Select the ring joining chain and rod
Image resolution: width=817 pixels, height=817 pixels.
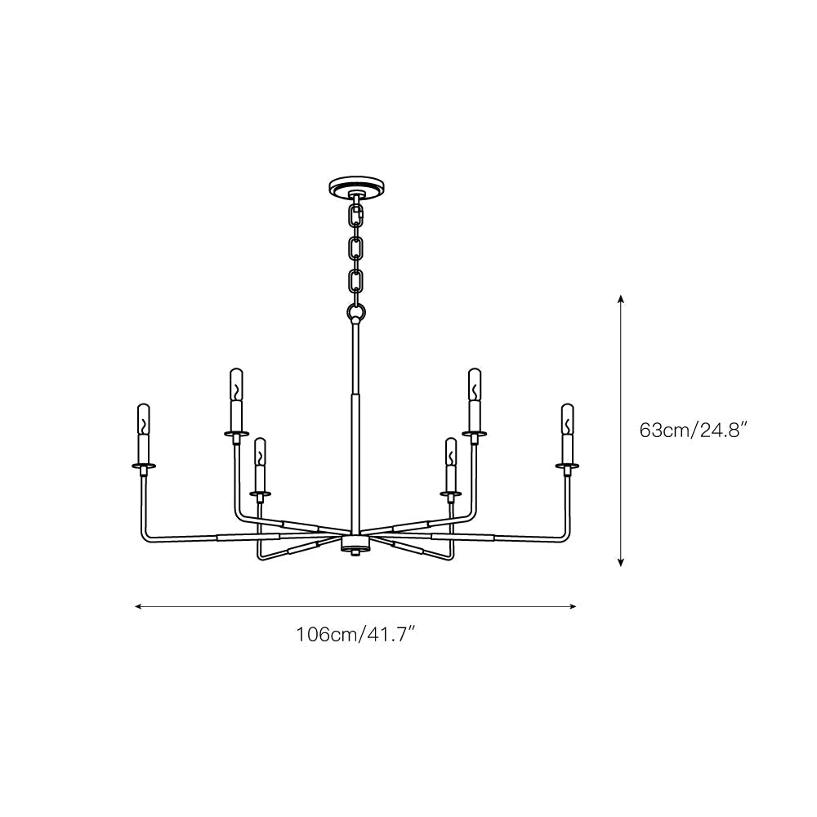pos(355,311)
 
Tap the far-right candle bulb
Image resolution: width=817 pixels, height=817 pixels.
pos(566,417)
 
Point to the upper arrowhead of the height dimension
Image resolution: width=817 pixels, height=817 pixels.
pos(622,299)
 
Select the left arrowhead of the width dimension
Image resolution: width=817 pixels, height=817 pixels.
pos(138,607)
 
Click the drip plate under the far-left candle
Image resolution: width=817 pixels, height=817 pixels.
pos(145,467)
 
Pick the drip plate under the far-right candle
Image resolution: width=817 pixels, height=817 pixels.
pos(566,467)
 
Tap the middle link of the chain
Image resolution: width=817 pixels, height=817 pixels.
pos(355,248)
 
